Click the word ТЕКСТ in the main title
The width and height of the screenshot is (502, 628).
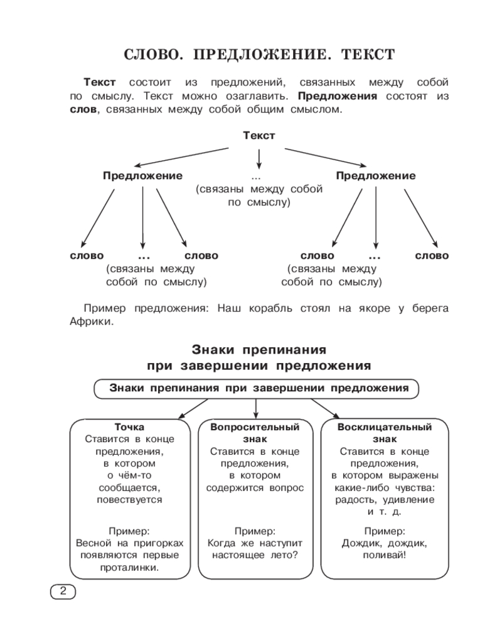(x=368, y=55)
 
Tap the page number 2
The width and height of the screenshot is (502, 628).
(x=63, y=591)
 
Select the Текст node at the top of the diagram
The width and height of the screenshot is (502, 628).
(x=259, y=136)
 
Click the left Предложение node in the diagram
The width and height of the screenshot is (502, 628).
(x=142, y=176)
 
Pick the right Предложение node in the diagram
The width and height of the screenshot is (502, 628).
(x=376, y=176)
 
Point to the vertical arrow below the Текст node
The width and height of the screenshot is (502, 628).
(x=259, y=159)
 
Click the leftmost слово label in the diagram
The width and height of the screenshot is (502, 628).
(x=87, y=256)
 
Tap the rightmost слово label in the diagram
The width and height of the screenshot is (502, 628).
(x=432, y=256)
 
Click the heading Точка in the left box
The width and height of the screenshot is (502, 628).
(x=129, y=427)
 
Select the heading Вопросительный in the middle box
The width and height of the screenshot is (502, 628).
(x=255, y=427)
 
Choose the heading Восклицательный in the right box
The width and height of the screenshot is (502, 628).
(x=385, y=427)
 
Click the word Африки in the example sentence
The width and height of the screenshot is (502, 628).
(x=90, y=322)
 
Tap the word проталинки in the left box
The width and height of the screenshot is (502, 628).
(x=129, y=568)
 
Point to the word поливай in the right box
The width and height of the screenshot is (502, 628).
(x=383, y=556)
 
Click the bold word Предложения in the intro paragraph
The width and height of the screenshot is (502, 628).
(x=338, y=96)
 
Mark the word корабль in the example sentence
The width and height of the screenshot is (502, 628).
(x=270, y=308)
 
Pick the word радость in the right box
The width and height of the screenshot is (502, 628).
(x=356, y=500)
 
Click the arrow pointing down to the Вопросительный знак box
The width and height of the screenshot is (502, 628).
(x=256, y=409)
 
